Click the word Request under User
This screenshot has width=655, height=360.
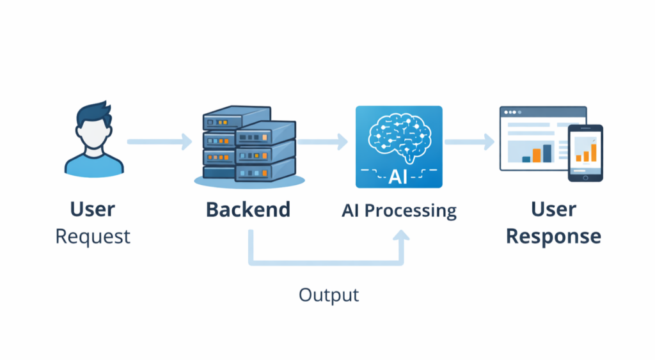[x=93, y=236]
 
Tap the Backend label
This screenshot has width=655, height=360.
[x=248, y=209]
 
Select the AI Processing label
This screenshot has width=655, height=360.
[x=399, y=210]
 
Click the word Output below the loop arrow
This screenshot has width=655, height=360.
[x=329, y=295]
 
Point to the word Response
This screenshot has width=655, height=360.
[x=553, y=236]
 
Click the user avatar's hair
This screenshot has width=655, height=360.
[x=93, y=113]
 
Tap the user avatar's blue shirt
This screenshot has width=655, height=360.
[x=93, y=166]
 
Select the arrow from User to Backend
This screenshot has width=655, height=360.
[x=159, y=141]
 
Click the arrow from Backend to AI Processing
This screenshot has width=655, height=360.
[x=322, y=141]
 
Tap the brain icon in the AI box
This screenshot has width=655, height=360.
[x=399, y=135]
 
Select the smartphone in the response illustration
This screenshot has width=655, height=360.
[x=585, y=153]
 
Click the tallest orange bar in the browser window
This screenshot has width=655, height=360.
[x=546, y=152]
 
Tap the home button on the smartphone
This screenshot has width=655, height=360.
[x=585, y=177]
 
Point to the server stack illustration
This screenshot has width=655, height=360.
[x=248, y=146]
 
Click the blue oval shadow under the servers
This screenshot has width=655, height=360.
[x=248, y=182]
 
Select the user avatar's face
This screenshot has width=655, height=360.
[x=93, y=134]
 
